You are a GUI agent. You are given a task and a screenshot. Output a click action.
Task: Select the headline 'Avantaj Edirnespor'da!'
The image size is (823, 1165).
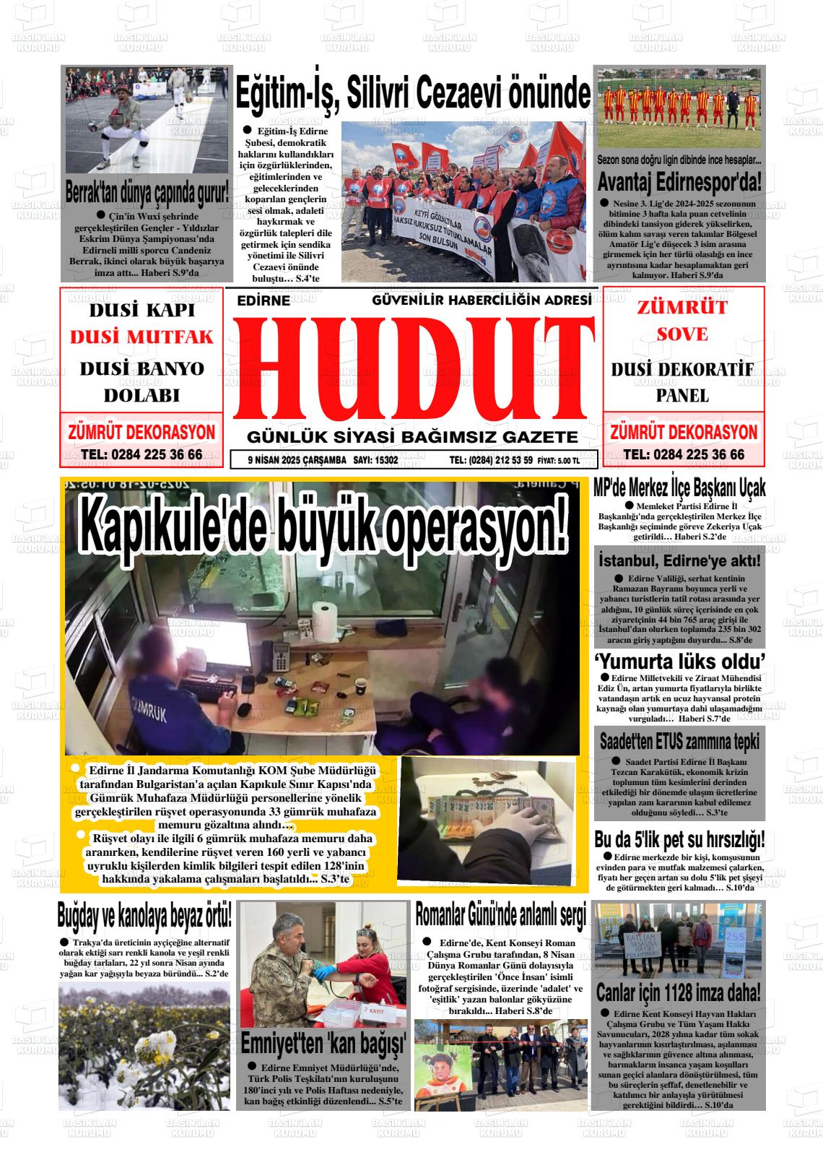[679, 181]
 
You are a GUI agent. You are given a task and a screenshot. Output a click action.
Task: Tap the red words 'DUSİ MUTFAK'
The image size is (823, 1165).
[141, 337]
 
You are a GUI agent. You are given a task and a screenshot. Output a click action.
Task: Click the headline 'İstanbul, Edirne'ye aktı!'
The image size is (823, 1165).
[679, 560]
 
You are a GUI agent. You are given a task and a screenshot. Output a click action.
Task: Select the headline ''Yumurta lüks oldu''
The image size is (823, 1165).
[679, 661]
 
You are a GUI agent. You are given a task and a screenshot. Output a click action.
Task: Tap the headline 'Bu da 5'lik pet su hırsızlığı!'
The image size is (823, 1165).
[679, 840]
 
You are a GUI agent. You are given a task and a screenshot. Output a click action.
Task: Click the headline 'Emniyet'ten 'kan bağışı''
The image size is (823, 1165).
[323, 1044]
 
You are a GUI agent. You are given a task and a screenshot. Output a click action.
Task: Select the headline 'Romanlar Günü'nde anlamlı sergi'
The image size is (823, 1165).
[500, 915]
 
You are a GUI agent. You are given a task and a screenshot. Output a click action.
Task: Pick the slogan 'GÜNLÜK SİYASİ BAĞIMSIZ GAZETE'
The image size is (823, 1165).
[412, 437]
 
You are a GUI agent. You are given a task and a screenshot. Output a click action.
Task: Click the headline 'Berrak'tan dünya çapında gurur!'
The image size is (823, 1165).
[147, 194]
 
